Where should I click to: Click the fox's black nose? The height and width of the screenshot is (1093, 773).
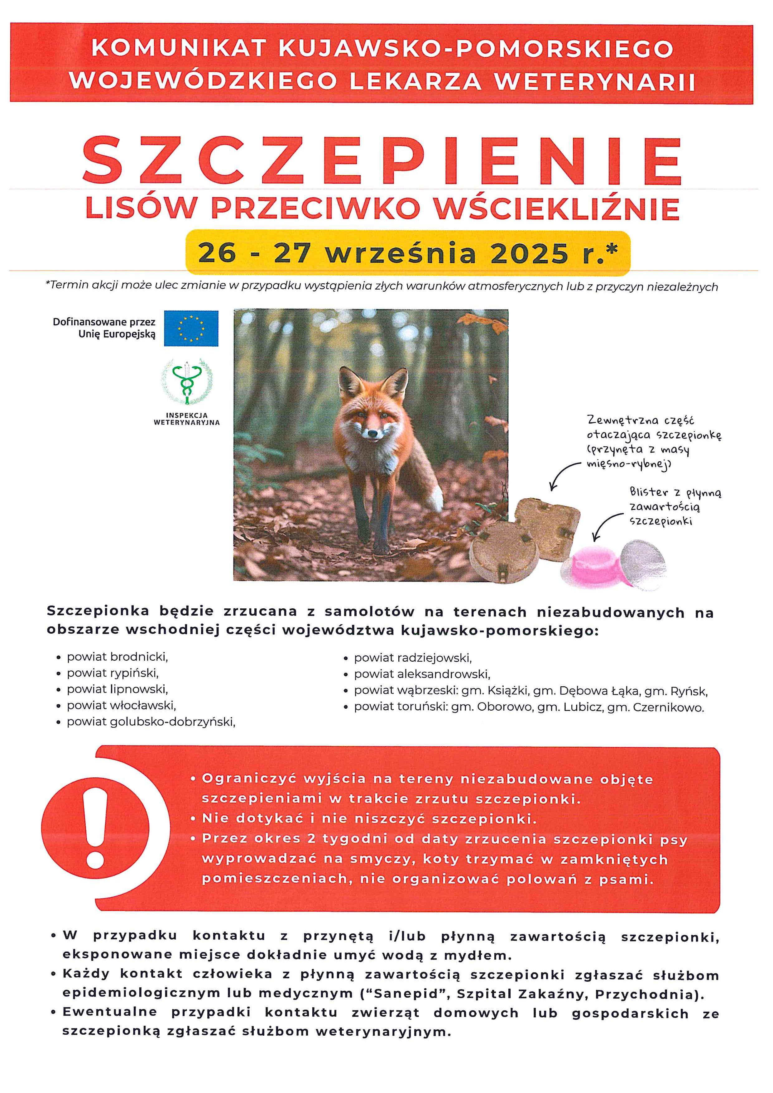coord(372,434)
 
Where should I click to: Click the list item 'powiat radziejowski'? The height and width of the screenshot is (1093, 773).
coord(412,658)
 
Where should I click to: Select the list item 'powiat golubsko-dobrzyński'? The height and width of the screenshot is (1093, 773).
coord(151,722)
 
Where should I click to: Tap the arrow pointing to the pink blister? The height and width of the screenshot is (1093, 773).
coord(604,526)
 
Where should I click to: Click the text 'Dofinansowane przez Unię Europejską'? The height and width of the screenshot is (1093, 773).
coord(104,328)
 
